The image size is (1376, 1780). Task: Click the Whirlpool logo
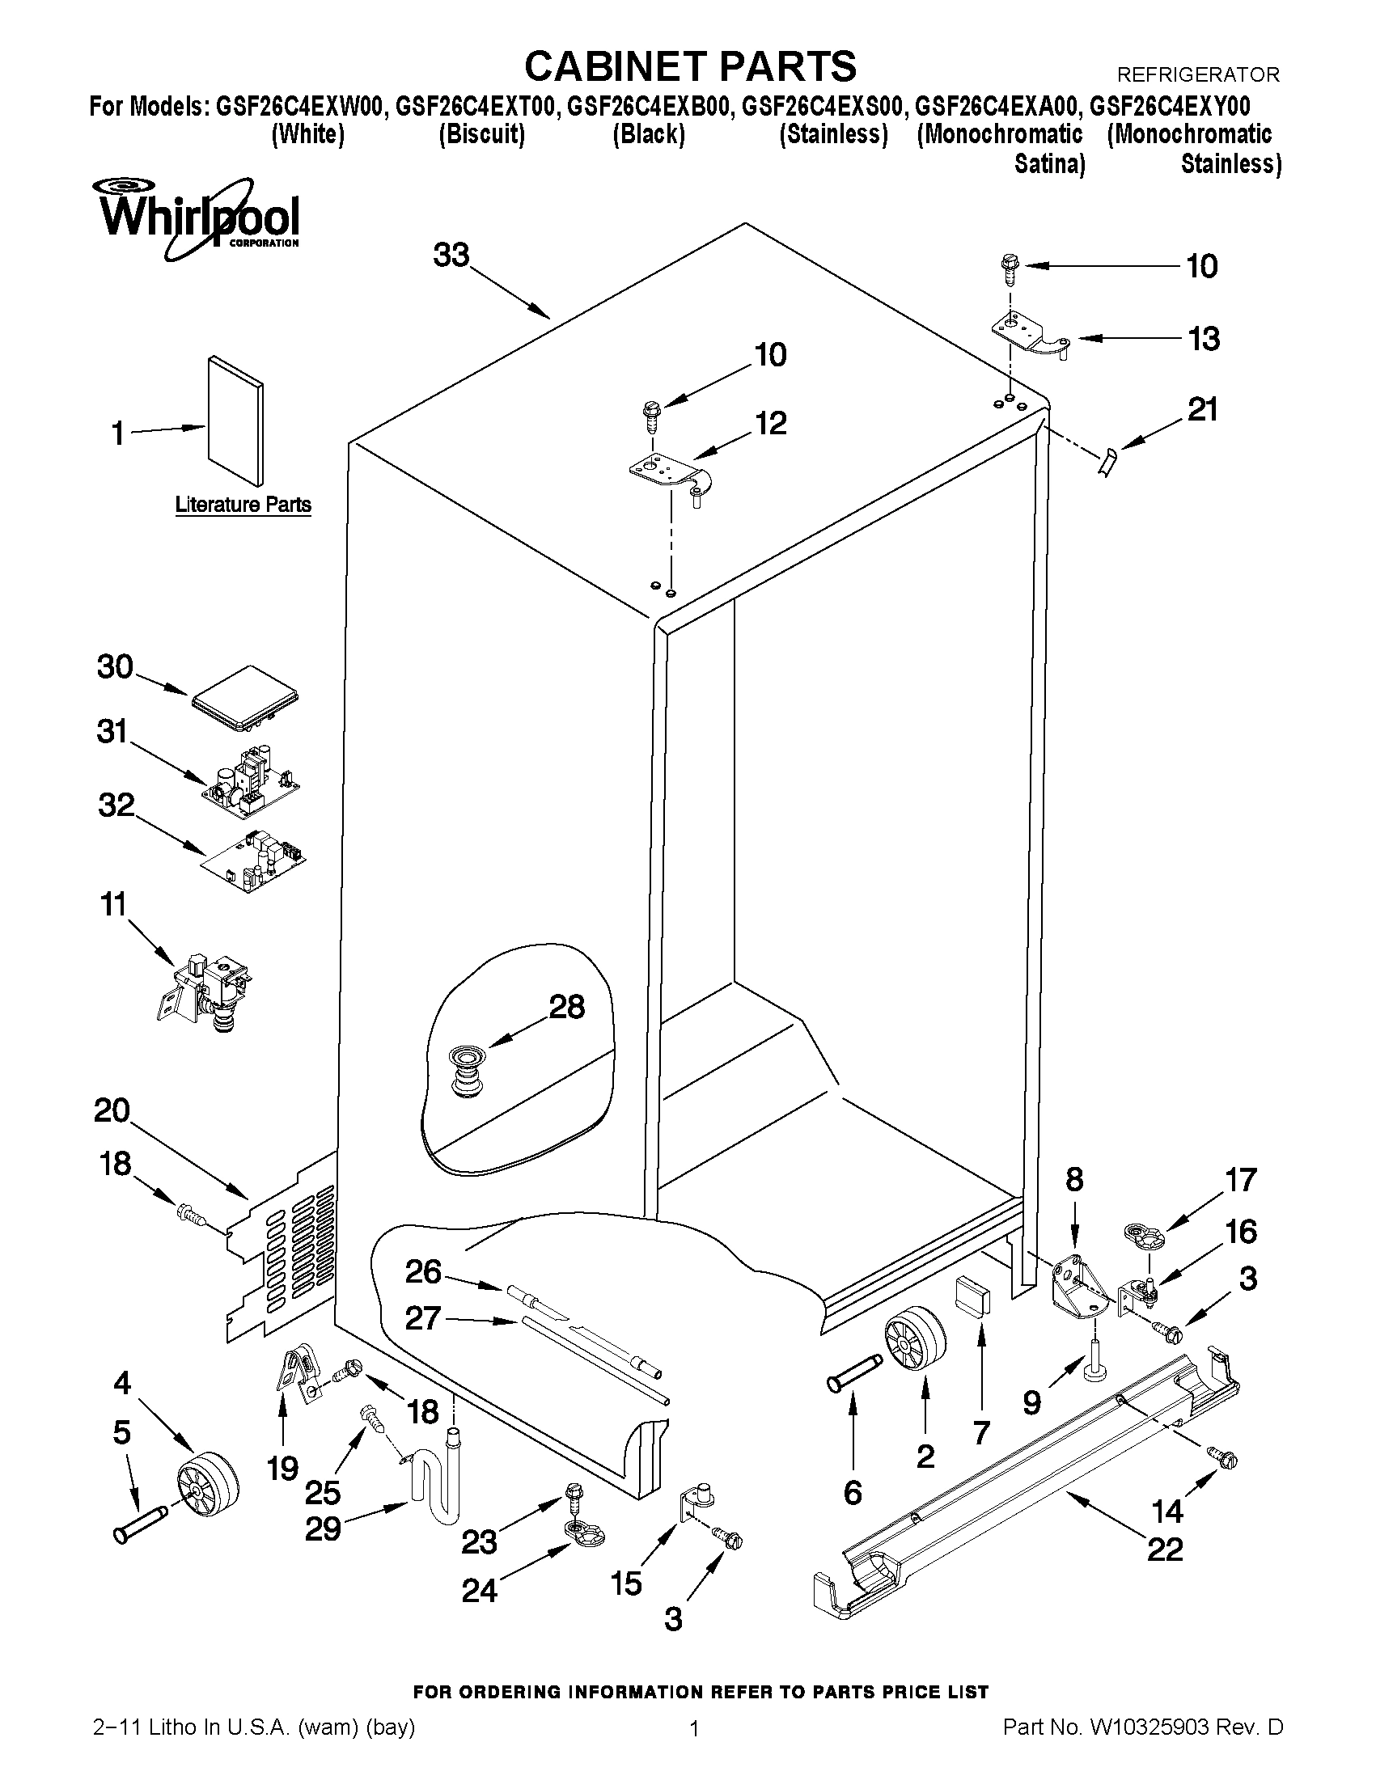(x=199, y=214)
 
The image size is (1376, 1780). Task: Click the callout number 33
(x=451, y=256)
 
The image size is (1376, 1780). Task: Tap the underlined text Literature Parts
(x=243, y=505)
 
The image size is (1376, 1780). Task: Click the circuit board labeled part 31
(x=250, y=779)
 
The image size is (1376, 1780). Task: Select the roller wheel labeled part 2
(x=915, y=1340)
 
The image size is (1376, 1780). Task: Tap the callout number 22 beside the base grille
(x=1165, y=1549)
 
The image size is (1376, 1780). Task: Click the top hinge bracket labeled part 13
(x=1030, y=336)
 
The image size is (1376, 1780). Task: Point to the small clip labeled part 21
(x=1106, y=464)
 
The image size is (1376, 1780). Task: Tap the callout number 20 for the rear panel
(x=112, y=1110)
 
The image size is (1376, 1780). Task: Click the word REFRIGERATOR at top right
(x=1197, y=75)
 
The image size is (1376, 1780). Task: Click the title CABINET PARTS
(x=690, y=66)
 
